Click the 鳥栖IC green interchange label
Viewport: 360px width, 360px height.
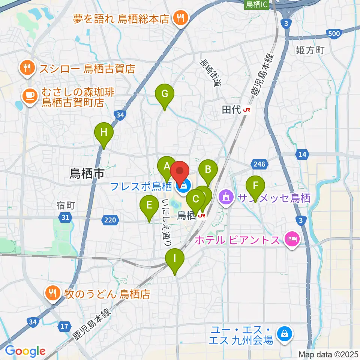[x=256, y=4]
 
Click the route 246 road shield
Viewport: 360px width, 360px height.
[x=259, y=164]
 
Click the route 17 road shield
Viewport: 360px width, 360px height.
[x=64, y=327]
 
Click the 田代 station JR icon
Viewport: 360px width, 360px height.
[x=247, y=110]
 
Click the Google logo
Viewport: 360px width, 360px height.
[x=25, y=351]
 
